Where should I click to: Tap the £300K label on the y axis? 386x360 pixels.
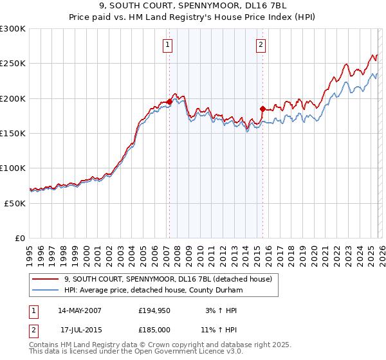[13, 29]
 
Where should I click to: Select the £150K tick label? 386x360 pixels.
[13, 134]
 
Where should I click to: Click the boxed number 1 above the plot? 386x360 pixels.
[167, 45]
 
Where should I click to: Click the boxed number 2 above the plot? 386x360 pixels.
[261, 45]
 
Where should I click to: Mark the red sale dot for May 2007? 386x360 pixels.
[169, 102]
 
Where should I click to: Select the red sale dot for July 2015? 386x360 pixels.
[262, 109]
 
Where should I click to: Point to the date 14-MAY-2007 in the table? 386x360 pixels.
[80, 310]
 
